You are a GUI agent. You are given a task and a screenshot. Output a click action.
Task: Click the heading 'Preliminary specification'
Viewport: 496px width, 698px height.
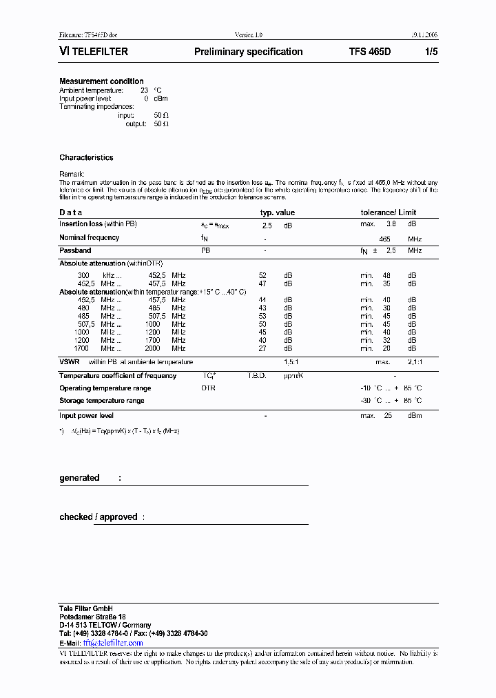pyautogui.click(x=248, y=52)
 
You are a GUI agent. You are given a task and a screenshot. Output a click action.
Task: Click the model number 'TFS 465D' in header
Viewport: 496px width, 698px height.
pyautogui.click(x=370, y=52)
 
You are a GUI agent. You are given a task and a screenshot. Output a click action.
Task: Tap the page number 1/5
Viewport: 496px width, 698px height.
pyautogui.click(x=431, y=52)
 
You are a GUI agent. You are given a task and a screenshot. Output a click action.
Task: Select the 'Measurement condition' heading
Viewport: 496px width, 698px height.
pyautogui.click(x=101, y=81)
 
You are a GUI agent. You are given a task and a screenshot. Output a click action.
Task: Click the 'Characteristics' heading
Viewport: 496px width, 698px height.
pyautogui.click(x=86, y=158)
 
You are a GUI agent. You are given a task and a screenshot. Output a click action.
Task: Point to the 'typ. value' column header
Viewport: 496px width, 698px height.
pyautogui.click(x=277, y=212)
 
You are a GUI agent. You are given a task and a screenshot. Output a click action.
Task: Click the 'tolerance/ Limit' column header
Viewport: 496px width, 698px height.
pyautogui.click(x=389, y=212)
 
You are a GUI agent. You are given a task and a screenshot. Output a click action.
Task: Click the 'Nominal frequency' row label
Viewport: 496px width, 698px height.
pyautogui.click(x=89, y=237)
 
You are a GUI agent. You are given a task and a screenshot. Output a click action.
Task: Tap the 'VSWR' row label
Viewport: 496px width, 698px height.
pyautogui.click(x=70, y=361)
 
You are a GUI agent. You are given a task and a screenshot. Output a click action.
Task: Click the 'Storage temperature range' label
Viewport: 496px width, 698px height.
pyautogui.click(x=101, y=401)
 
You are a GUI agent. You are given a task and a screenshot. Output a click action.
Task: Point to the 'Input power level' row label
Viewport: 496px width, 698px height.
pyautogui.click(x=86, y=416)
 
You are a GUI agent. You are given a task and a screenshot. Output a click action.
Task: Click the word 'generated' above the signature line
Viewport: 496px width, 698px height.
pyautogui.click(x=79, y=478)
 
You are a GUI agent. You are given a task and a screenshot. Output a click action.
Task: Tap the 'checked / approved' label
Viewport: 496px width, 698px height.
pyautogui.click(x=99, y=517)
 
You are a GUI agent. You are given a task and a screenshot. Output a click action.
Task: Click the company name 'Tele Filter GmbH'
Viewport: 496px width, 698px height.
pyautogui.click(x=85, y=608)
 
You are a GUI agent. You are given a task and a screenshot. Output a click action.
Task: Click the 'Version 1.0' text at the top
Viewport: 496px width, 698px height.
pyautogui.click(x=249, y=34)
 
